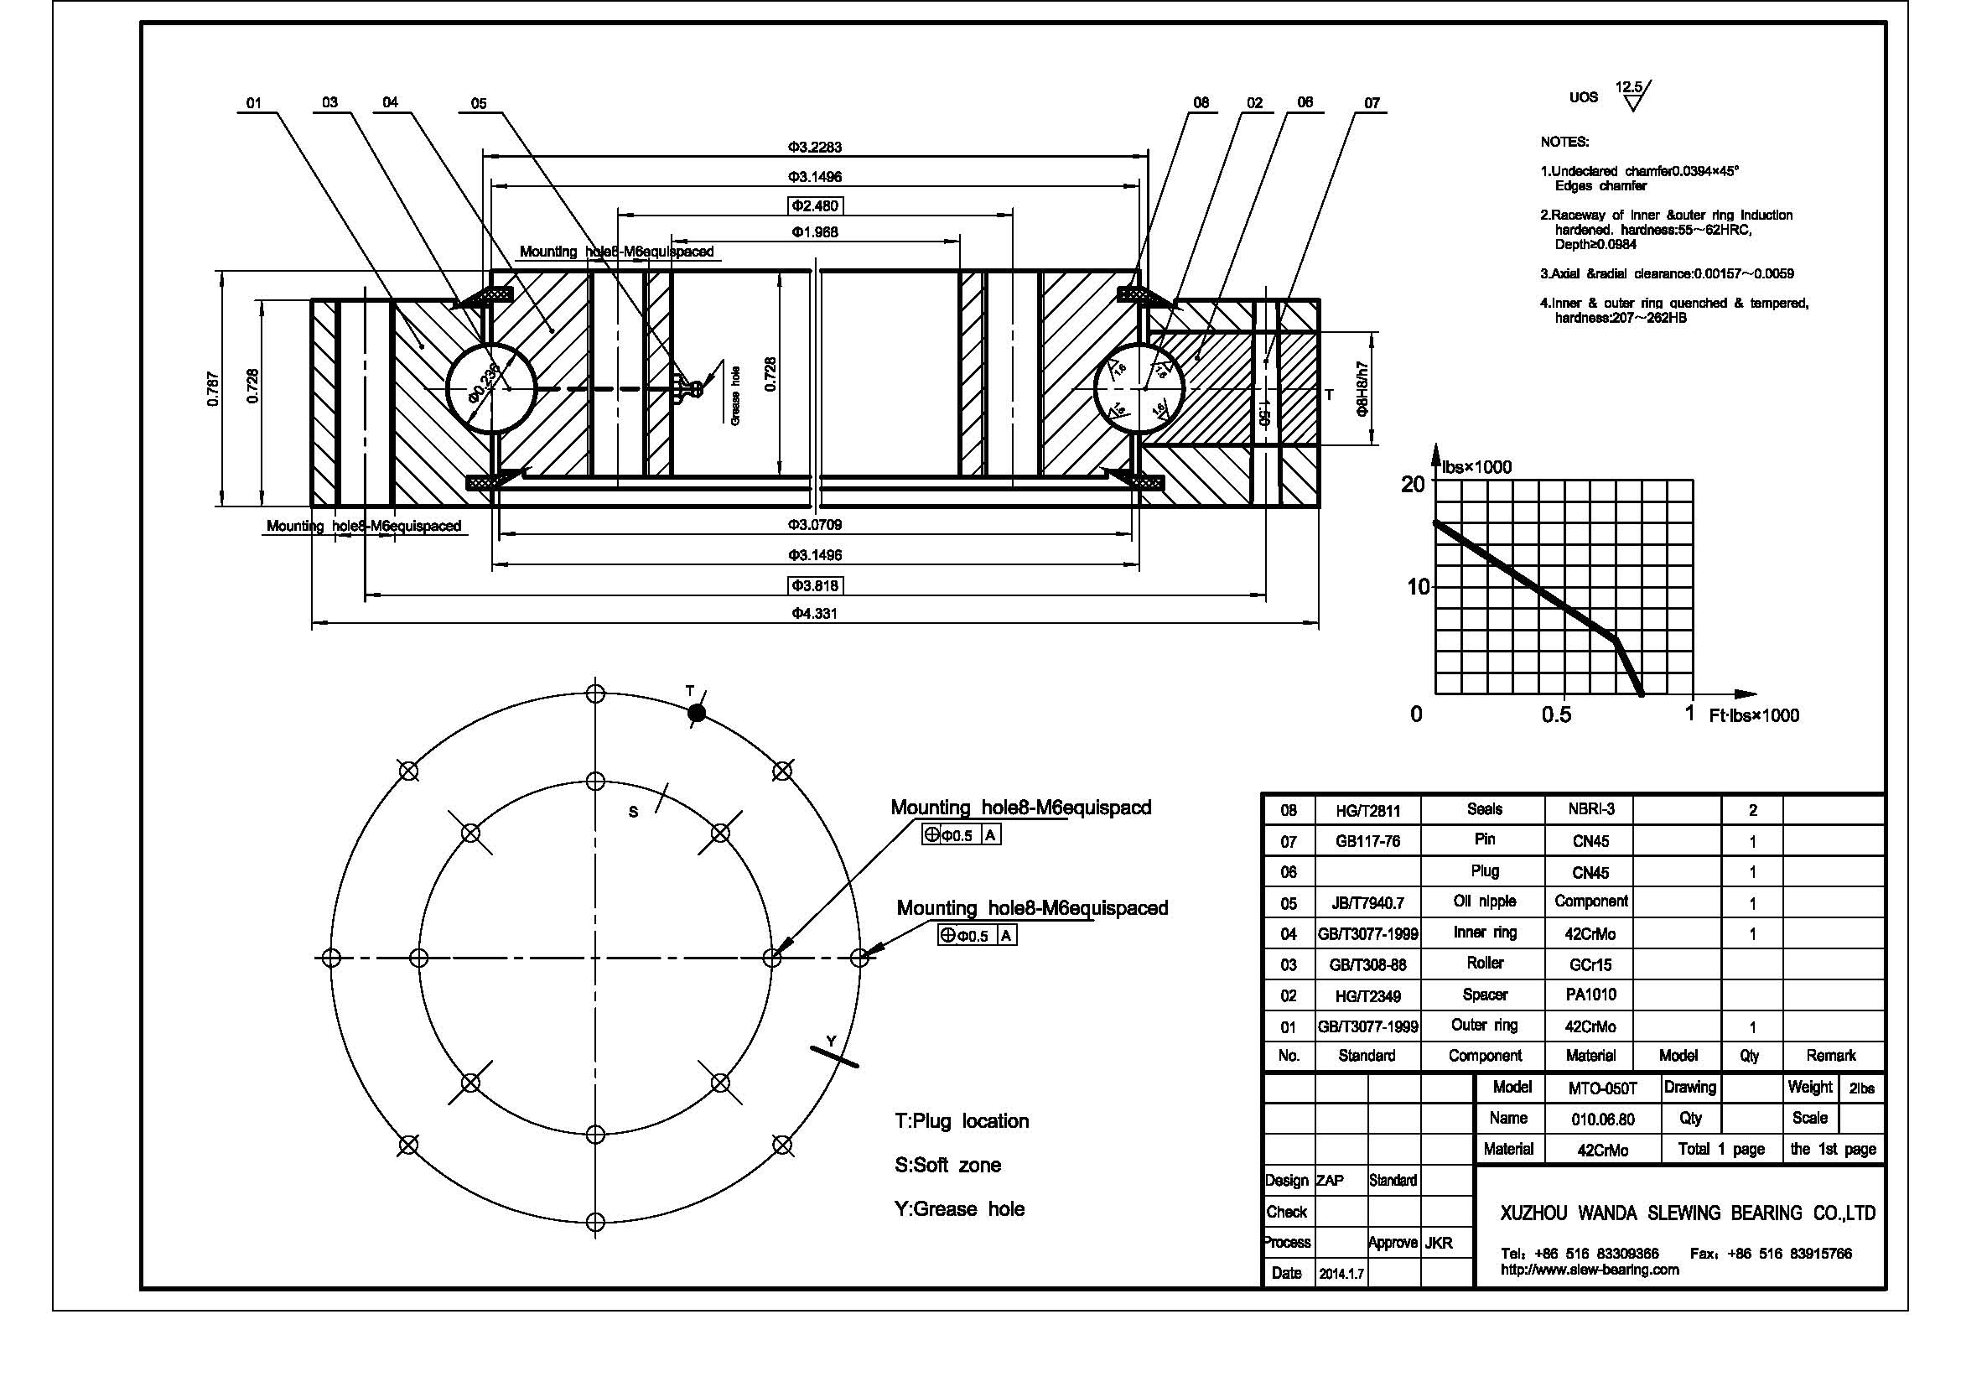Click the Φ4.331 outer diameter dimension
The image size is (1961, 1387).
click(814, 613)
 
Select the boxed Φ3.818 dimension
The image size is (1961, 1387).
click(816, 585)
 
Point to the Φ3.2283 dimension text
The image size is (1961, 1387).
click(814, 147)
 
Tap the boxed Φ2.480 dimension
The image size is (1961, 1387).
click(815, 205)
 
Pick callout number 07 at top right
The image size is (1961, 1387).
click(1371, 103)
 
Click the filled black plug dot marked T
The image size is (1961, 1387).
click(697, 712)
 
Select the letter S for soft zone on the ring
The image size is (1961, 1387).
click(633, 813)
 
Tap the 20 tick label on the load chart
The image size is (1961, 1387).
click(1414, 484)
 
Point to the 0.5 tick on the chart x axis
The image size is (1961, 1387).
click(1556, 714)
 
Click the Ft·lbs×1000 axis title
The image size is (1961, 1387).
click(1753, 715)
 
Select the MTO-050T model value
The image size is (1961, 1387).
click(1602, 1088)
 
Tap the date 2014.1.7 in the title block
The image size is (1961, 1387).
click(1341, 1275)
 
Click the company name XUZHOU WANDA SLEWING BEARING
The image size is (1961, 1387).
click(1687, 1213)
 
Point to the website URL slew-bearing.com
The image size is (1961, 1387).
click(1590, 1269)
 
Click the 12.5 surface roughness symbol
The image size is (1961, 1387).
click(1632, 96)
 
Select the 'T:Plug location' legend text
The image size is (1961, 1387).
click(961, 1120)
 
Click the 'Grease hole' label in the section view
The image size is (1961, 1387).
click(736, 396)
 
